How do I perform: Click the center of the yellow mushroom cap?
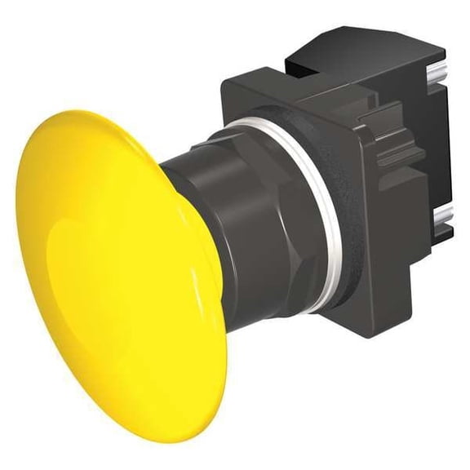pos(114,269)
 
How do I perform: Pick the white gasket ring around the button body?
pos(326,212)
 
